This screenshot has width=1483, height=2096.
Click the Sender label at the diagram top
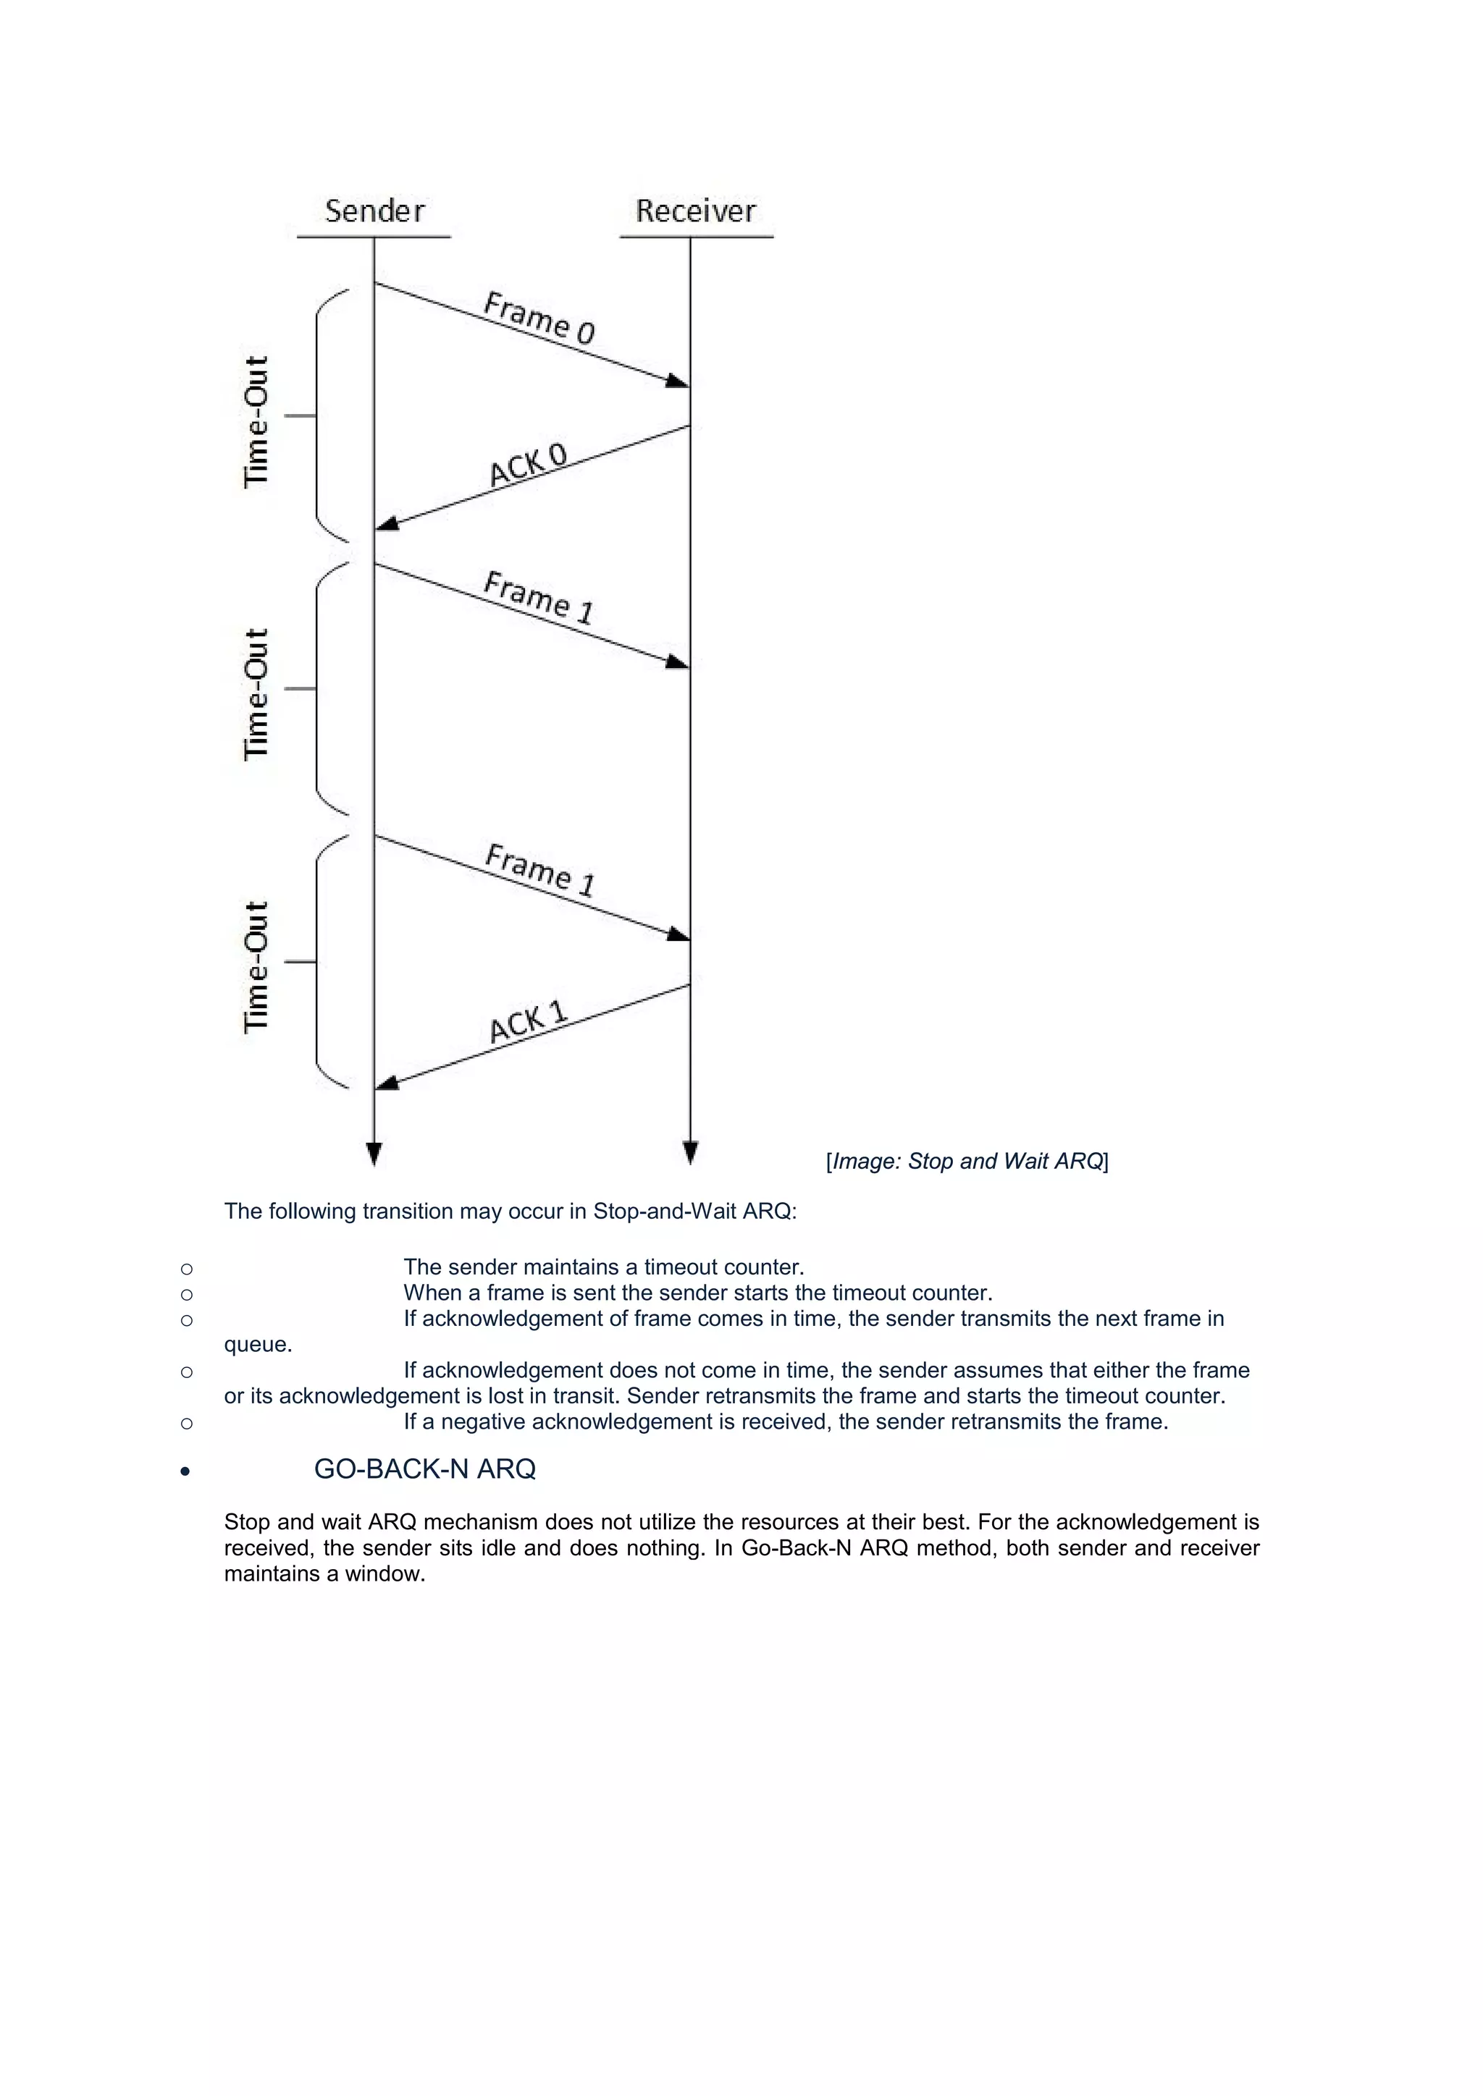coord(374,211)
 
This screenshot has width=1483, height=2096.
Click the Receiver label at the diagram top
coord(696,211)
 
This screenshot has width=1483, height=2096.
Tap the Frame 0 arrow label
coord(539,318)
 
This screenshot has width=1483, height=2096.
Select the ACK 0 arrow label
coord(528,465)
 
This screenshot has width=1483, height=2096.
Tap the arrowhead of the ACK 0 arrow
coord(387,524)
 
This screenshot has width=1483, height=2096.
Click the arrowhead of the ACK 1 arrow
coord(387,1083)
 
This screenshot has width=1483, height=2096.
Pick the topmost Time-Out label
coord(256,422)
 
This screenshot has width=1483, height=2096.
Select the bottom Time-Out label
coord(256,967)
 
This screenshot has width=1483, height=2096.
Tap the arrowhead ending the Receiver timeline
coord(690,1152)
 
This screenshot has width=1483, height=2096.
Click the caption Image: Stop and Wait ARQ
coord(967,1161)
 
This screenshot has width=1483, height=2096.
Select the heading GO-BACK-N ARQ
coord(424,1469)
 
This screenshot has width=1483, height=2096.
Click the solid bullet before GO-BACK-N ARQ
coord(185,1471)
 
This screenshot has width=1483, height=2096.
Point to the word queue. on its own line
coord(258,1345)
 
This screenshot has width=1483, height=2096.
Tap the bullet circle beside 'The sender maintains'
coord(186,1268)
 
